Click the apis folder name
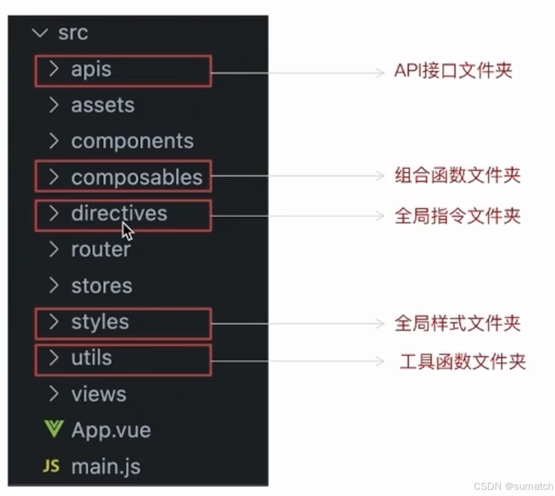pos(91,70)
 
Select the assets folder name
pos(103,105)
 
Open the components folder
pos(132,141)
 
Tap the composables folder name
pos(136,177)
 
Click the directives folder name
pos(119,213)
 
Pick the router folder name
pos(100,250)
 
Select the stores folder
pos(101,286)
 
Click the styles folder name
pos(100,322)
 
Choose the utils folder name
pos(91,358)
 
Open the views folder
pos(99,394)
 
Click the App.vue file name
pos(111,430)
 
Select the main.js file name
pos(106,466)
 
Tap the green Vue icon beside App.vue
pos(53,430)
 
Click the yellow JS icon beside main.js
pos(51,466)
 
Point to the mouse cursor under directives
pos(127,231)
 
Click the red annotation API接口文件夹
pos(453,71)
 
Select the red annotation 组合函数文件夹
pos(457,176)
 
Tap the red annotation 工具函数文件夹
pos(462,362)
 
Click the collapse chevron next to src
pos(40,33)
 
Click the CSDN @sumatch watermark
pos(513,486)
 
